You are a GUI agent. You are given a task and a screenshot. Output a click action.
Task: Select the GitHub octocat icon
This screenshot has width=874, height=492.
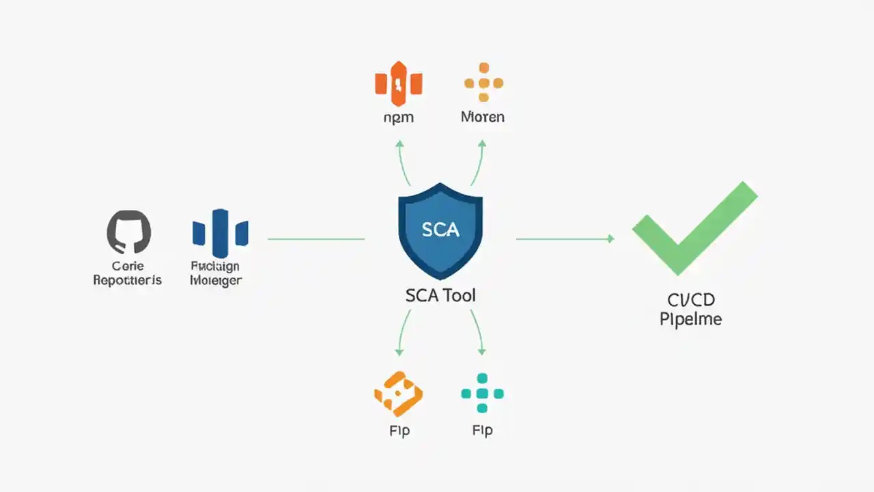[129, 232]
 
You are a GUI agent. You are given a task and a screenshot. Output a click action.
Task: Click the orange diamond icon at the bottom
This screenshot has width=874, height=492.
[398, 394]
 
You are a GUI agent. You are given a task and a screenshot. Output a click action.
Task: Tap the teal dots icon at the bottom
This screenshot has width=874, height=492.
[482, 394]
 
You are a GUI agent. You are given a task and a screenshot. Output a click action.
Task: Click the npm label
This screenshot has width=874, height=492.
[399, 118]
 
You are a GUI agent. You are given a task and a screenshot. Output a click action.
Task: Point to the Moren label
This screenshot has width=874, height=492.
[483, 117]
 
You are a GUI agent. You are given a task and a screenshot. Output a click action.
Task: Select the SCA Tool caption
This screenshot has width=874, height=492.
[440, 296]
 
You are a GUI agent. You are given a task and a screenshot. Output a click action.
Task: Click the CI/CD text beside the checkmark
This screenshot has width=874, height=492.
[691, 299]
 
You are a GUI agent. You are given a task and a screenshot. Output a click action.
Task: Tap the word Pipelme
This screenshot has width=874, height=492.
[690, 319]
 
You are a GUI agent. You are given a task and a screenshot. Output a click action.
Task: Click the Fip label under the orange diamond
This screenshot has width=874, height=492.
[399, 430]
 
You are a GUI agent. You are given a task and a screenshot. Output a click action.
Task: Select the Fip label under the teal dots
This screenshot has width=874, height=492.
[482, 430]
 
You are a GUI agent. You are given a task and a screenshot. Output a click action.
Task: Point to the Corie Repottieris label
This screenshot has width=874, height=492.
[128, 273]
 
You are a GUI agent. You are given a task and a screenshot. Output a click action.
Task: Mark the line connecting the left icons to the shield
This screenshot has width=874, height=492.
[315, 239]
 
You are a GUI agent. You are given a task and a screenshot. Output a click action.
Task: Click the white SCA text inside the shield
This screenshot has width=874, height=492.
[440, 230]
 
